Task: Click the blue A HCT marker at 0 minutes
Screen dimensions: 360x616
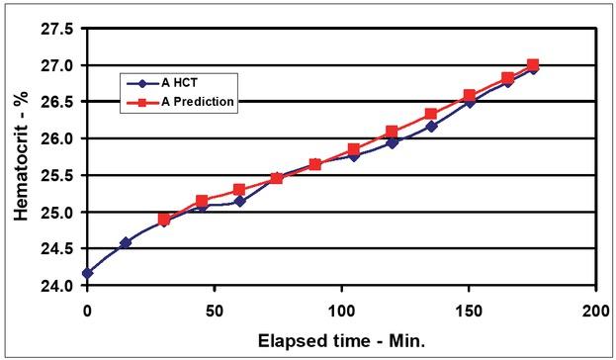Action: (87, 273)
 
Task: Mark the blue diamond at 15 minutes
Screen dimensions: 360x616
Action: (126, 242)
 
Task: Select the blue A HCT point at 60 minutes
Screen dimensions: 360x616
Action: (239, 201)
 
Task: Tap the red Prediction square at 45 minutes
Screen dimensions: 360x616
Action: (202, 201)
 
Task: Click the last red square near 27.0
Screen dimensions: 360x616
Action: (533, 65)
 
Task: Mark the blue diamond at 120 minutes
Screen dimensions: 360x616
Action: (392, 142)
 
